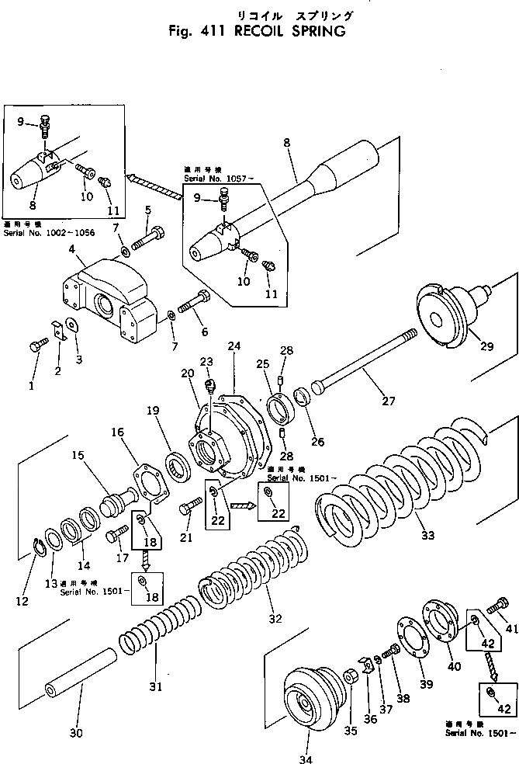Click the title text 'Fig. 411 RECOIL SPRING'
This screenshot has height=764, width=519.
tap(255, 33)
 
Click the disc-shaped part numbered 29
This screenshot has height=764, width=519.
tap(445, 314)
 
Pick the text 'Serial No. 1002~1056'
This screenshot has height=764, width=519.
tap(48, 232)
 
